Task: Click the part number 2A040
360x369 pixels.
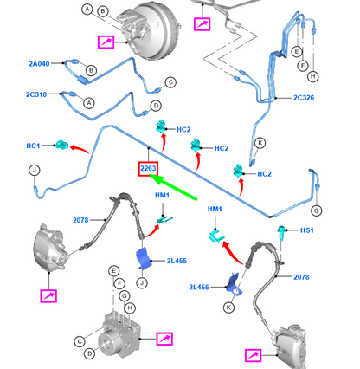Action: (x=39, y=64)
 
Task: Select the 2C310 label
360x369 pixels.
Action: (x=36, y=94)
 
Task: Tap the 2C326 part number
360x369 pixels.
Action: (x=304, y=98)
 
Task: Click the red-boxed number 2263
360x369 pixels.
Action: (x=148, y=168)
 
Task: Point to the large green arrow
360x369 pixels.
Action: (x=173, y=187)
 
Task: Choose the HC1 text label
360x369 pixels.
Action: (x=33, y=146)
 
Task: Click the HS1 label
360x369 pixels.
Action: (x=307, y=230)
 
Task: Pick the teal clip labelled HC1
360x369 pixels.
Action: (x=61, y=145)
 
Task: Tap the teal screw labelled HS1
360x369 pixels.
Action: (x=281, y=232)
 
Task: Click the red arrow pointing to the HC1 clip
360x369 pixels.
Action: (x=80, y=149)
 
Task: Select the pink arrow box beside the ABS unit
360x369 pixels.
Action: (x=164, y=339)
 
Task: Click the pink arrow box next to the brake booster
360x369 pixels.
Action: (x=106, y=42)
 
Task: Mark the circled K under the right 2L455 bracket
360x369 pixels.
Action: (x=228, y=307)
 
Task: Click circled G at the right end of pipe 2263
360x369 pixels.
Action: (x=317, y=210)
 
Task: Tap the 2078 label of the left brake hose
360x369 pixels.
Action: (x=80, y=220)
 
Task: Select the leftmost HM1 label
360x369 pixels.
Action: (x=162, y=196)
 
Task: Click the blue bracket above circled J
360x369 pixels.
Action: (x=144, y=259)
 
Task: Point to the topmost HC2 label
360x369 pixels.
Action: (x=183, y=130)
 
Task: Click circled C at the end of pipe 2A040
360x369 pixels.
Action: (x=170, y=82)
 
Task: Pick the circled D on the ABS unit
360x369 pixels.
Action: (x=90, y=353)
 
